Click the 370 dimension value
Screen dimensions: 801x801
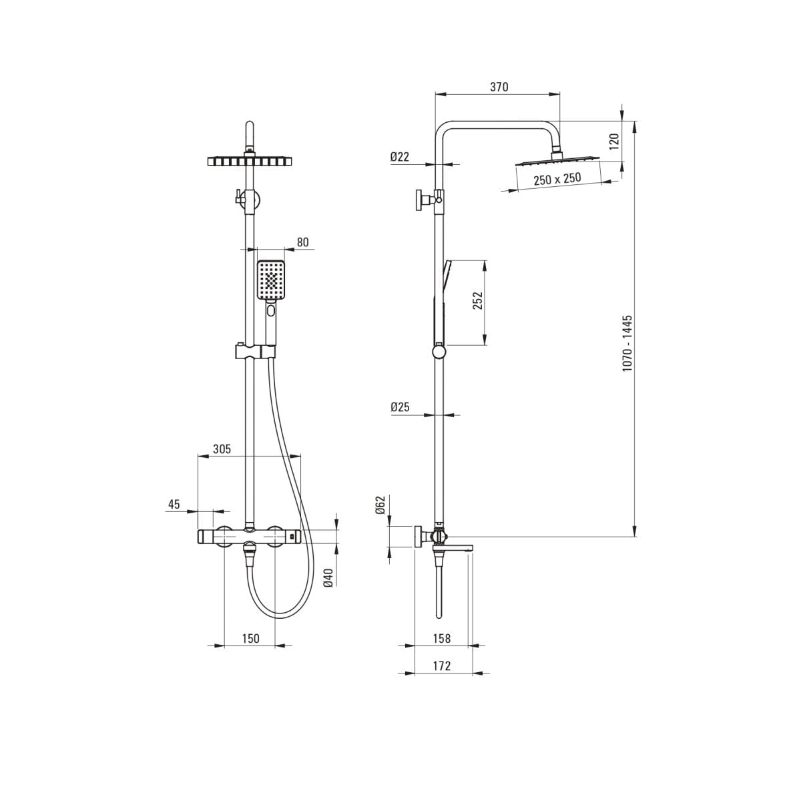pos(499,87)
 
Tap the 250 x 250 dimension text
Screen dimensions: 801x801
pos(557,179)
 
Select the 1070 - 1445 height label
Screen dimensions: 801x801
pos(627,343)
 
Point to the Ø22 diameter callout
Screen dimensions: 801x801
pos(399,157)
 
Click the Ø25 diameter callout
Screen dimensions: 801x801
pos(400,407)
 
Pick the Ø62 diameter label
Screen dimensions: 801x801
pos(380,505)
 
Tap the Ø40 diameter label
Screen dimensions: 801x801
pos(328,578)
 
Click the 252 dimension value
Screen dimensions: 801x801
pos(478,300)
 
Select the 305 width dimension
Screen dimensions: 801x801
pos(222,449)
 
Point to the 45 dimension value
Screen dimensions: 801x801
pos(174,504)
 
